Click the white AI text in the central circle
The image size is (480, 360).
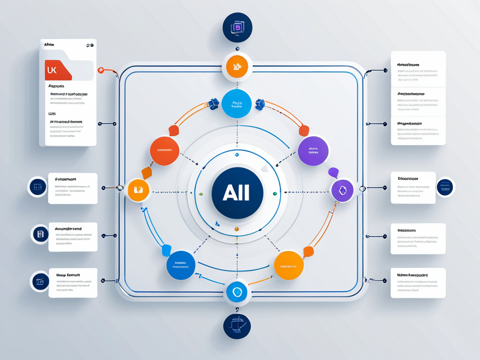(x=237, y=193)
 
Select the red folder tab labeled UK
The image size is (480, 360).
(x=58, y=70)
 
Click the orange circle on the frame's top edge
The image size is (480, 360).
(x=237, y=67)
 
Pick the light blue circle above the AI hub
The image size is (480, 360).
(x=237, y=104)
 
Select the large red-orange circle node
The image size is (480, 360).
(x=165, y=151)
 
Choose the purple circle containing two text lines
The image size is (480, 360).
(x=313, y=151)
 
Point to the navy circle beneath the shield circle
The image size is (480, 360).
(x=237, y=327)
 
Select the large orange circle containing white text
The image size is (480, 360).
(x=289, y=266)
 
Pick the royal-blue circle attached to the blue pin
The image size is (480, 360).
(x=180, y=266)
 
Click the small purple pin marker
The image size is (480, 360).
(x=333, y=173)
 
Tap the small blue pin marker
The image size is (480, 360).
(x=166, y=250)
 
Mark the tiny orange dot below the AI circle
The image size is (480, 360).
(x=237, y=229)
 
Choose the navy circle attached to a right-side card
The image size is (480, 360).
(x=444, y=187)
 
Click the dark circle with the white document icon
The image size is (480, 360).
(x=40, y=234)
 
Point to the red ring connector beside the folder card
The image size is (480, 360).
(x=101, y=70)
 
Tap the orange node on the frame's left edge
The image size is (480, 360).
(x=138, y=190)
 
